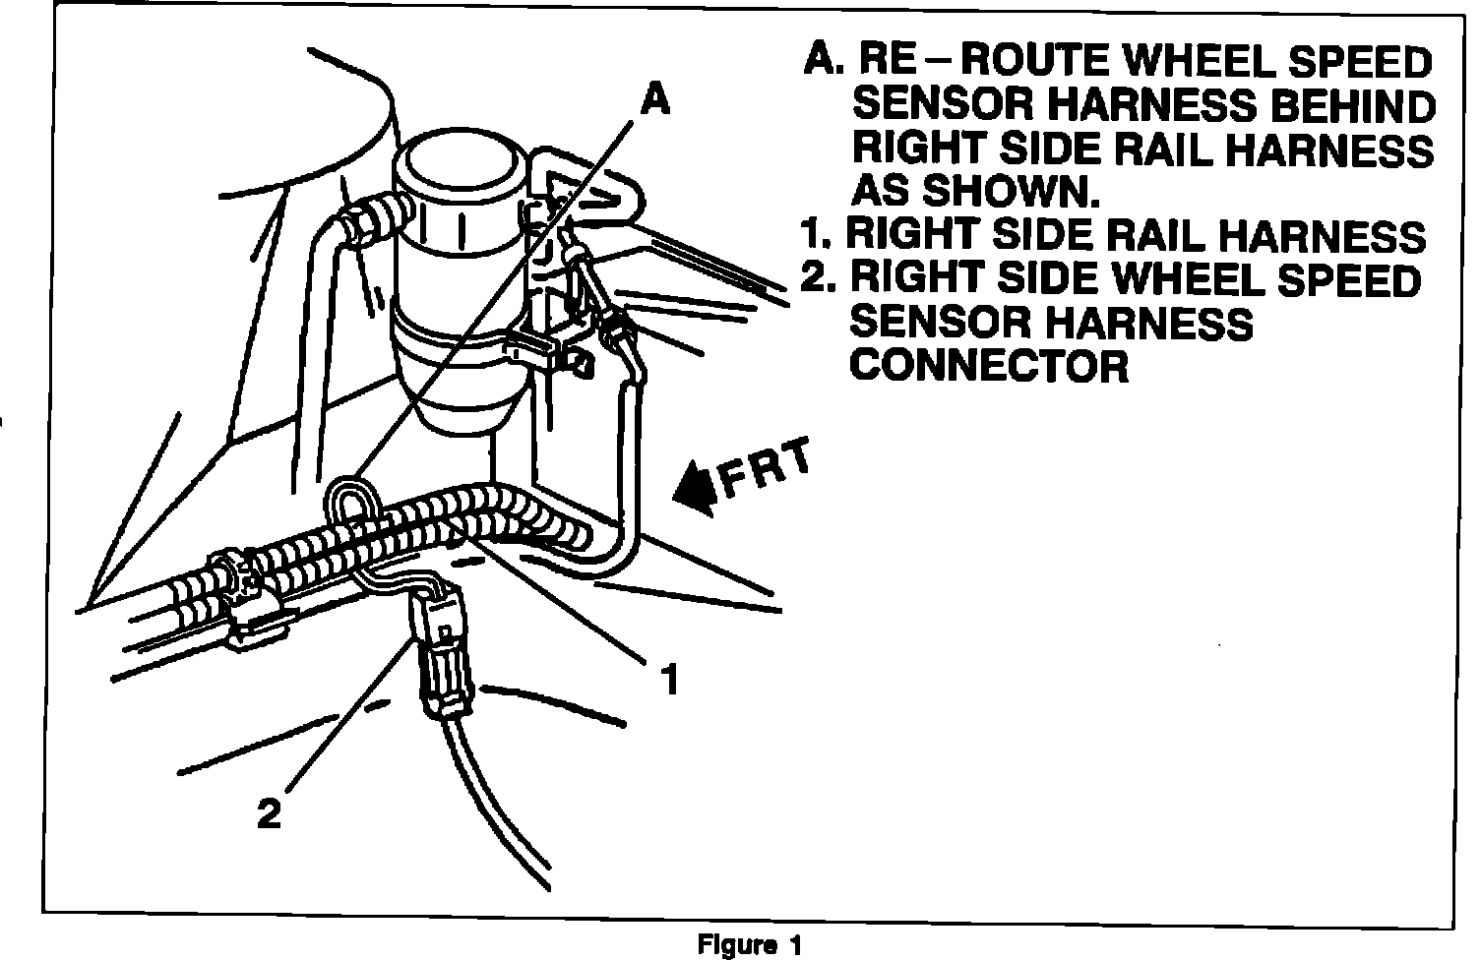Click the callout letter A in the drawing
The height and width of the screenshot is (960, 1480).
[655, 98]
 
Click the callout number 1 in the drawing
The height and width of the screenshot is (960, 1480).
[669, 678]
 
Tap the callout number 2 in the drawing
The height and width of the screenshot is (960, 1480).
[268, 812]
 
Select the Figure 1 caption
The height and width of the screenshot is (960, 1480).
[750, 945]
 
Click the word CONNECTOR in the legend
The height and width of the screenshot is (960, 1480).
[989, 366]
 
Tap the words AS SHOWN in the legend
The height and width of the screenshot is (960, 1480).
[974, 190]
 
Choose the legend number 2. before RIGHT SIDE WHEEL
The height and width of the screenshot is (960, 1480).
[817, 279]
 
